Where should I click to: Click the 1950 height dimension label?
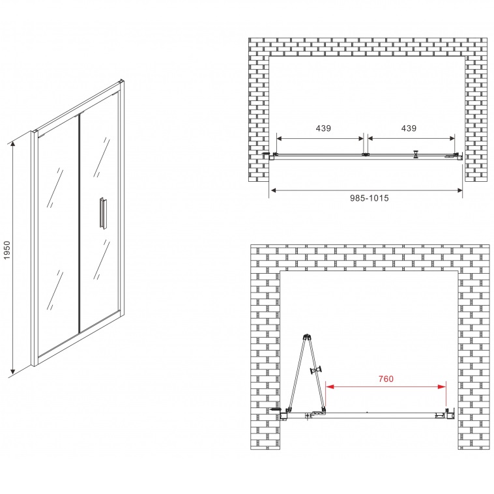pyautogui.click(x=7, y=250)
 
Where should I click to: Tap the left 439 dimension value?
pyautogui.click(x=323, y=128)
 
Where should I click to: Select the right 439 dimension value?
pyautogui.click(x=409, y=128)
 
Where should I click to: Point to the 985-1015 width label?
pyautogui.click(x=370, y=198)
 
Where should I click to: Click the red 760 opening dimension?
pyautogui.click(x=386, y=379)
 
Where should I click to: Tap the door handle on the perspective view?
pyautogui.click(x=102, y=212)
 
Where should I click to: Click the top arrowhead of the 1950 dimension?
pyautogui.click(x=12, y=144)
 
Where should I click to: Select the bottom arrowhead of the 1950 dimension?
pyautogui.click(x=12, y=370)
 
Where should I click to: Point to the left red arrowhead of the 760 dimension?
pyautogui.click(x=330, y=386)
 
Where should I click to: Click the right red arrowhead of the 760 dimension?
pyautogui.click(x=442, y=386)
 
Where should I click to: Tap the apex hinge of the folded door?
pyautogui.click(x=306, y=336)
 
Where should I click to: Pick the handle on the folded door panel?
pyautogui.click(x=317, y=370)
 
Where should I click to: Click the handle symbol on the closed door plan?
pyautogui.click(x=416, y=154)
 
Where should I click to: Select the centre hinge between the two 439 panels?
pyautogui.click(x=366, y=154)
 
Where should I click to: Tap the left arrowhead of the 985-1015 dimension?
pyautogui.click(x=274, y=190)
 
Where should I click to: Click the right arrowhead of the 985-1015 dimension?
pyautogui.click(x=459, y=190)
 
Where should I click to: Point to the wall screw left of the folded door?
pyautogui.click(x=275, y=409)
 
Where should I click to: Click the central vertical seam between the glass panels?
pyautogui.click(x=79, y=223)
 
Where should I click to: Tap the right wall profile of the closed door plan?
pyautogui.click(x=460, y=156)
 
